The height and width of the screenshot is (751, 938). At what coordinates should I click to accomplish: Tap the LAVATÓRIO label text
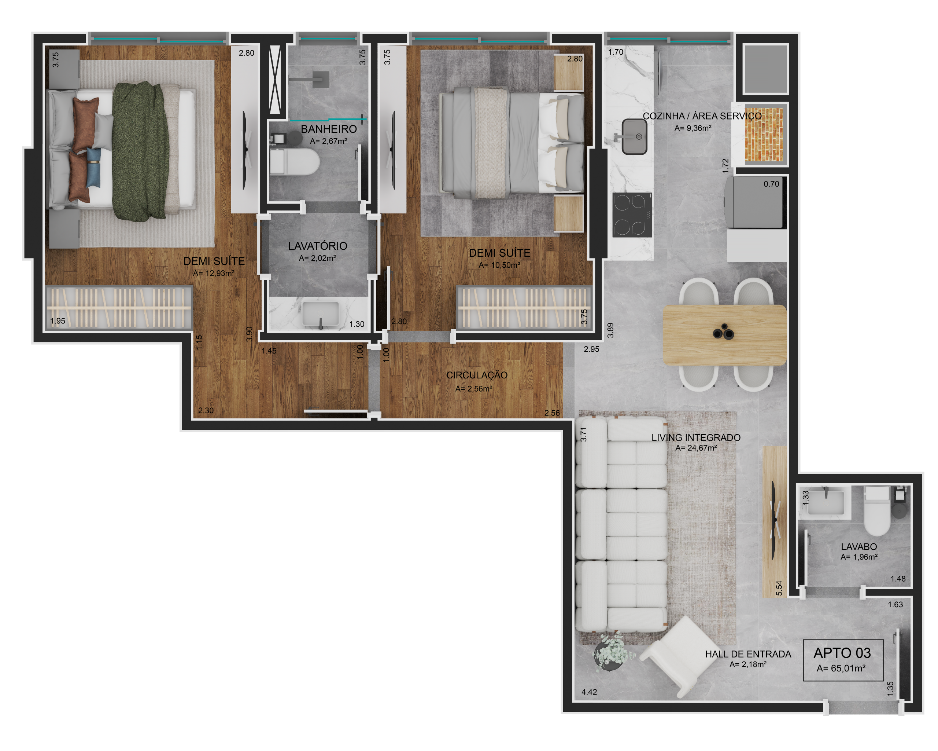(x=318, y=246)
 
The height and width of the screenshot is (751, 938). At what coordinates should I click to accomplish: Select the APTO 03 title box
(x=843, y=660)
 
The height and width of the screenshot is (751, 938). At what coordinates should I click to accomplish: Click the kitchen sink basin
(x=634, y=137)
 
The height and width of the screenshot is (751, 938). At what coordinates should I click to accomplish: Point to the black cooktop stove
(x=632, y=215)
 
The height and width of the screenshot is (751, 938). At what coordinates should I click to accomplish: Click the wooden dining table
(x=724, y=335)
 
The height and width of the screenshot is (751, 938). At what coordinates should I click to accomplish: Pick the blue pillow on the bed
(x=93, y=168)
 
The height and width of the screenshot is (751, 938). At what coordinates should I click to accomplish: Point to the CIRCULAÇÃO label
(x=477, y=375)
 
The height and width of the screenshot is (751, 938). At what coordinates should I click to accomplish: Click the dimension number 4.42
(x=589, y=692)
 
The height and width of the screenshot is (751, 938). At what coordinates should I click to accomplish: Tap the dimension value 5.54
(x=779, y=588)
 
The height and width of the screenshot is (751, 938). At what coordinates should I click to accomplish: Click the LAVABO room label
(x=859, y=547)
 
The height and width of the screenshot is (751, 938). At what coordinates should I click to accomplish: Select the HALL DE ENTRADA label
(x=748, y=654)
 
